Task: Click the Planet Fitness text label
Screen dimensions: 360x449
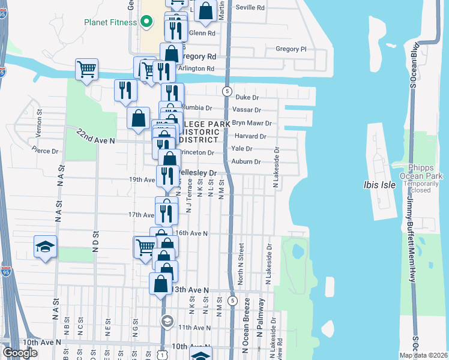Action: coord(112,24)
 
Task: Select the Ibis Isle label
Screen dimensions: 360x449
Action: coord(380,185)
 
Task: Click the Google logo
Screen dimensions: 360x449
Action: coord(20,353)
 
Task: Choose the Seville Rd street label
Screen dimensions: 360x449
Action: coord(252,8)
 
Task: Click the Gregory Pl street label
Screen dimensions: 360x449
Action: coord(291,49)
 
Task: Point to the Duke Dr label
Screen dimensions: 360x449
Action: coord(247,97)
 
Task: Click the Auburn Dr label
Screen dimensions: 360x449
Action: coord(246,162)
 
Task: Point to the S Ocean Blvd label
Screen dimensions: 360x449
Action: coord(414,66)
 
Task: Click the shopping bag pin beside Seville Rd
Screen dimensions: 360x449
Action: coord(205,11)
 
